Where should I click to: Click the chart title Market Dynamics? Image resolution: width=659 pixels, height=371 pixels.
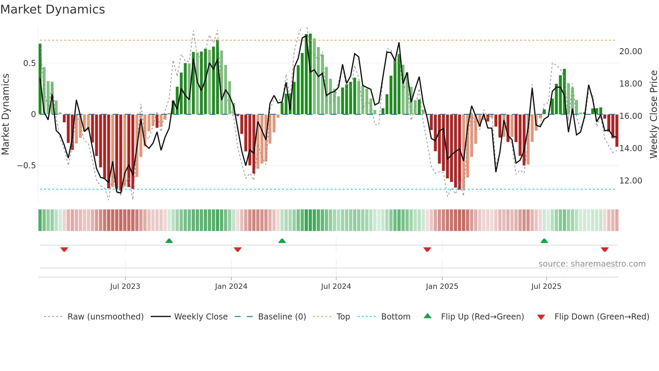52,9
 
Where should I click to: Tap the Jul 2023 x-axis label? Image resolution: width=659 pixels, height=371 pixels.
125,286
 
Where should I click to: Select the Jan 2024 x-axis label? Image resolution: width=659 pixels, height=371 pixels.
231,286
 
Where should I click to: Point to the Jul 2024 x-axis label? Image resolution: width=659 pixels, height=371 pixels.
336,286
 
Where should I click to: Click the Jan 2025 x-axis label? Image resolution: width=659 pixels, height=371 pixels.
442,286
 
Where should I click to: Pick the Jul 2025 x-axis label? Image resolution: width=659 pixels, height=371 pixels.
546,286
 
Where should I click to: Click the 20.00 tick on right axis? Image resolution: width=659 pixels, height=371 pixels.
630,52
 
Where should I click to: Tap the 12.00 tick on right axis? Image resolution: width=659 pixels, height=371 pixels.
630,181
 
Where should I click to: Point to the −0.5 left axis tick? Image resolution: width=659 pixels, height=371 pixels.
26,166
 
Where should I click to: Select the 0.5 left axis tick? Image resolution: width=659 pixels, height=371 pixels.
29,63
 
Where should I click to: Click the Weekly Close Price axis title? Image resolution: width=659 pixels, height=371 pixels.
653,114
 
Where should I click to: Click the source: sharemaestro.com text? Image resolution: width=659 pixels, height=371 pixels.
592,264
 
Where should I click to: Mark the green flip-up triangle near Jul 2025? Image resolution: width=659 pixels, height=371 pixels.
544,241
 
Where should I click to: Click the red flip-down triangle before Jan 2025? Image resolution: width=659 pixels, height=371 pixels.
427,249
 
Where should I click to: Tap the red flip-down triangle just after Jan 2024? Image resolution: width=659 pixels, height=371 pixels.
237,249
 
